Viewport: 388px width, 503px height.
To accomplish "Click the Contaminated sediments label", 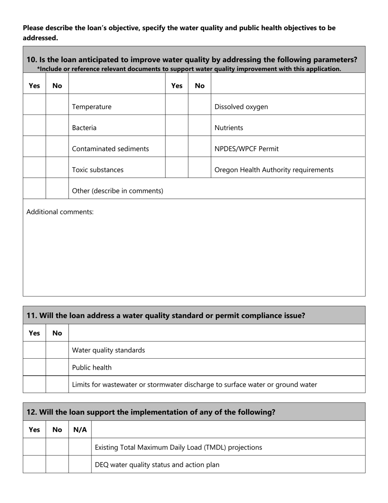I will (110, 149).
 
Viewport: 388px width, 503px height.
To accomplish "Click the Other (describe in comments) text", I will (117, 191).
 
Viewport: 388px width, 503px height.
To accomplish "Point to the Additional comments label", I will (60, 212).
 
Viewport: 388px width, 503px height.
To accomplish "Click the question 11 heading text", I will (165, 316).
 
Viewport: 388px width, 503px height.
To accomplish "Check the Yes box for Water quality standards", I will (34, 350).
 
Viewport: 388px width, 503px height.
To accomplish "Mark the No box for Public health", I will (57, 367).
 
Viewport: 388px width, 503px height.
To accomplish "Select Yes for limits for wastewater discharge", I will (34, 384).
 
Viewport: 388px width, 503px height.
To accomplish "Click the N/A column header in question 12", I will (80, 429).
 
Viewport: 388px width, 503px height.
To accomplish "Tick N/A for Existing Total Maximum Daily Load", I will (80, 447).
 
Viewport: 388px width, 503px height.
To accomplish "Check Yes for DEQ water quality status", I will (34, 464).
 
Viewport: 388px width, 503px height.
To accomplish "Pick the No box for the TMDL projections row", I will (57, 447).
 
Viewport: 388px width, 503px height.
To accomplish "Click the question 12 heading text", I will (151, 412).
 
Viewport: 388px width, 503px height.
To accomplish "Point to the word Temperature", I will (91, 107).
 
